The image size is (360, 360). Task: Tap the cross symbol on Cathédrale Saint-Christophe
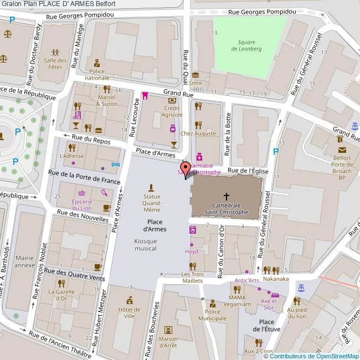226,196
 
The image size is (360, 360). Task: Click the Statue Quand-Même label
152,203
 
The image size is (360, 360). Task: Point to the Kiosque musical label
145,244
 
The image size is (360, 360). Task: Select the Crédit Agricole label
172,111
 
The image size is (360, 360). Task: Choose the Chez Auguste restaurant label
198,133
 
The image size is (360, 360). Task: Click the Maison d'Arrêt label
168,342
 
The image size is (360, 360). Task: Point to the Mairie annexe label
25,261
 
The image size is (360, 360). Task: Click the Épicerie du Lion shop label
82,204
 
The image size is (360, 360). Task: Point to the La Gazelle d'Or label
61,295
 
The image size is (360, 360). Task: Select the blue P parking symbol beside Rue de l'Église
275,152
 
